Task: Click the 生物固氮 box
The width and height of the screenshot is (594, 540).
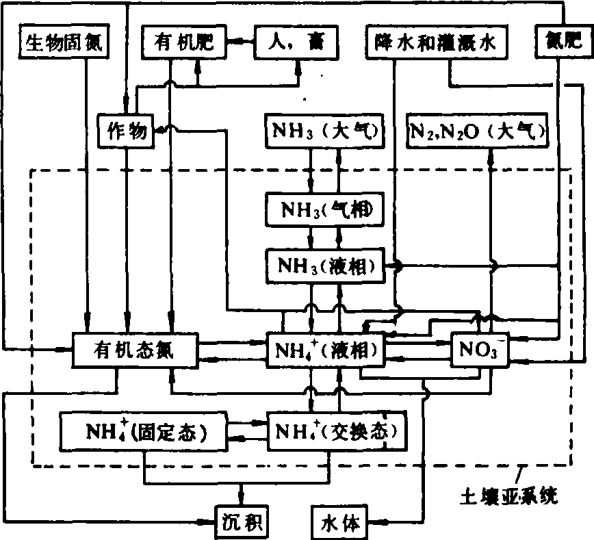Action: point(57,43)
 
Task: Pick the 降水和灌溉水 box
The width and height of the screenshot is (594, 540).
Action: point(439,43)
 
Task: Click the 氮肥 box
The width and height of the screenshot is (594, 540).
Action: point(557,43)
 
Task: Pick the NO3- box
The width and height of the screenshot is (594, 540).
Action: point(480,350)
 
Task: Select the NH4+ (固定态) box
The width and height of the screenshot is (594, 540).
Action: point(146,430)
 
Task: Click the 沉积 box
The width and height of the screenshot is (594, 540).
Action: point(240,523)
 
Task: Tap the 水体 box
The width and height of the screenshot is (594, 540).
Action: point(339,523)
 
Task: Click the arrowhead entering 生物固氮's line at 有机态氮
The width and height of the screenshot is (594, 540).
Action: point(88,316)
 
